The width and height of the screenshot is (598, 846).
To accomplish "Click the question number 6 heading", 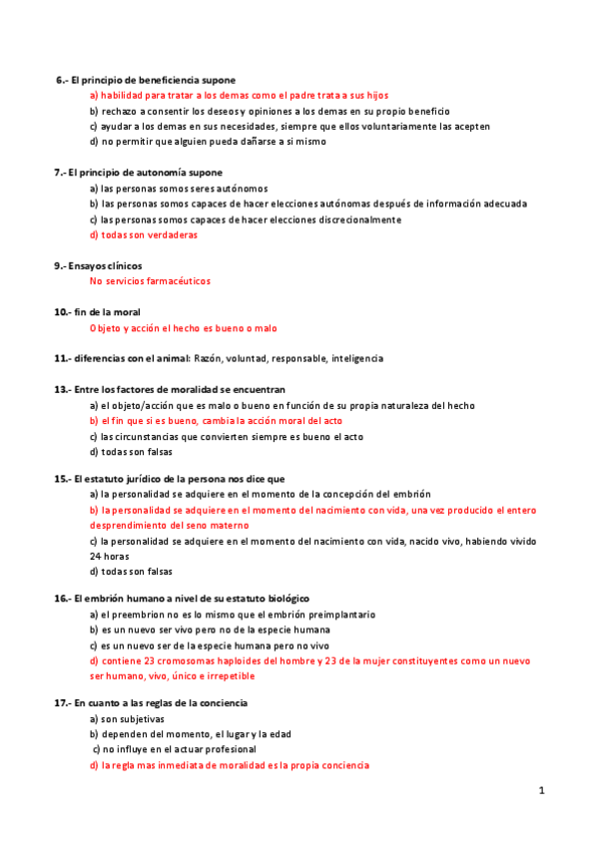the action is click(x=62, y=79).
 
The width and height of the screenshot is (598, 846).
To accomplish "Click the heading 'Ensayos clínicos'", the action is click(x=105, y=265).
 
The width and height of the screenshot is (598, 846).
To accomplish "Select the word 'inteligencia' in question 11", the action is click(x=356, y=358).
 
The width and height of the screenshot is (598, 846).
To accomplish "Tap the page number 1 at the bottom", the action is click(x=540, y=790).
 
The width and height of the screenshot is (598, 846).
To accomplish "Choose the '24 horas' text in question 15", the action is click(x=110, y=556).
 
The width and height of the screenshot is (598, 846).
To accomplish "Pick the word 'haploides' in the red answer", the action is click(x=236, y=660).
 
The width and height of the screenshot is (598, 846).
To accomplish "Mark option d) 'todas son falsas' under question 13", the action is click(x=131, y=451).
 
